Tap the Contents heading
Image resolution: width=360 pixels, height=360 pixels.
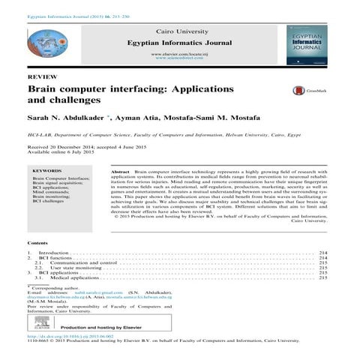(x=37, y=244)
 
